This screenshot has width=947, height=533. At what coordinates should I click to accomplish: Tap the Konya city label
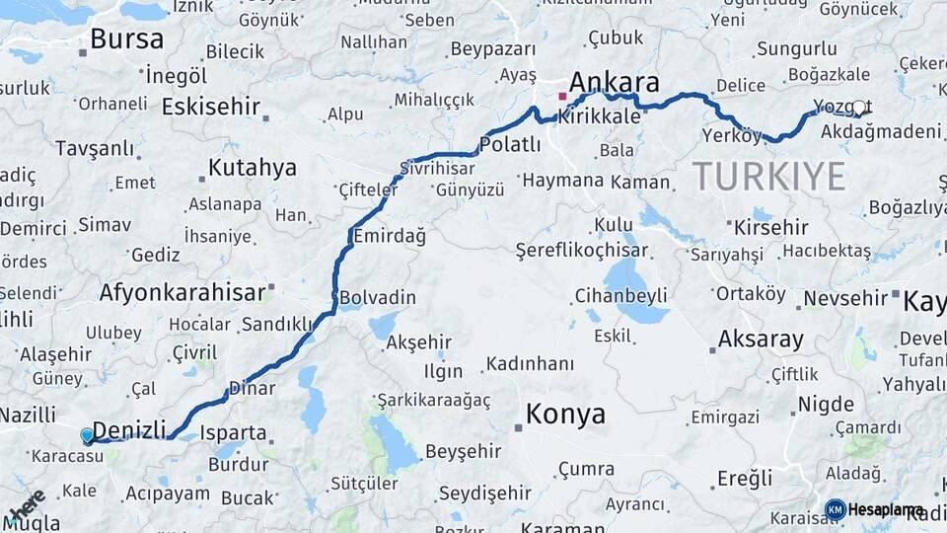565,414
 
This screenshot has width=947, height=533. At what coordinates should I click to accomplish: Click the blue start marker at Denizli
87,434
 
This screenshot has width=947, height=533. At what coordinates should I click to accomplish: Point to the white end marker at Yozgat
858,108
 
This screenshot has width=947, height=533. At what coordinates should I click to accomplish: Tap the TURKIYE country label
768,177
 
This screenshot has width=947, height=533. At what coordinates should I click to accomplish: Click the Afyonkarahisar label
182,292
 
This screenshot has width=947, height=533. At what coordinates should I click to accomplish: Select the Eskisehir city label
210,106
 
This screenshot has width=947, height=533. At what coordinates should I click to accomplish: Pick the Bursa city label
126,39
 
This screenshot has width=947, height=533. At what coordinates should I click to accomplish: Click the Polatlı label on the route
509,145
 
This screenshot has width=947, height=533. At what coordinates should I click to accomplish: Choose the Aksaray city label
761,340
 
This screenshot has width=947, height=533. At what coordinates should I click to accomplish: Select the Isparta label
233,432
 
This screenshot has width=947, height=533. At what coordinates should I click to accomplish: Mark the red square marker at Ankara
562,97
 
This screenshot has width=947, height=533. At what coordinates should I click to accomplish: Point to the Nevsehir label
845,297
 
